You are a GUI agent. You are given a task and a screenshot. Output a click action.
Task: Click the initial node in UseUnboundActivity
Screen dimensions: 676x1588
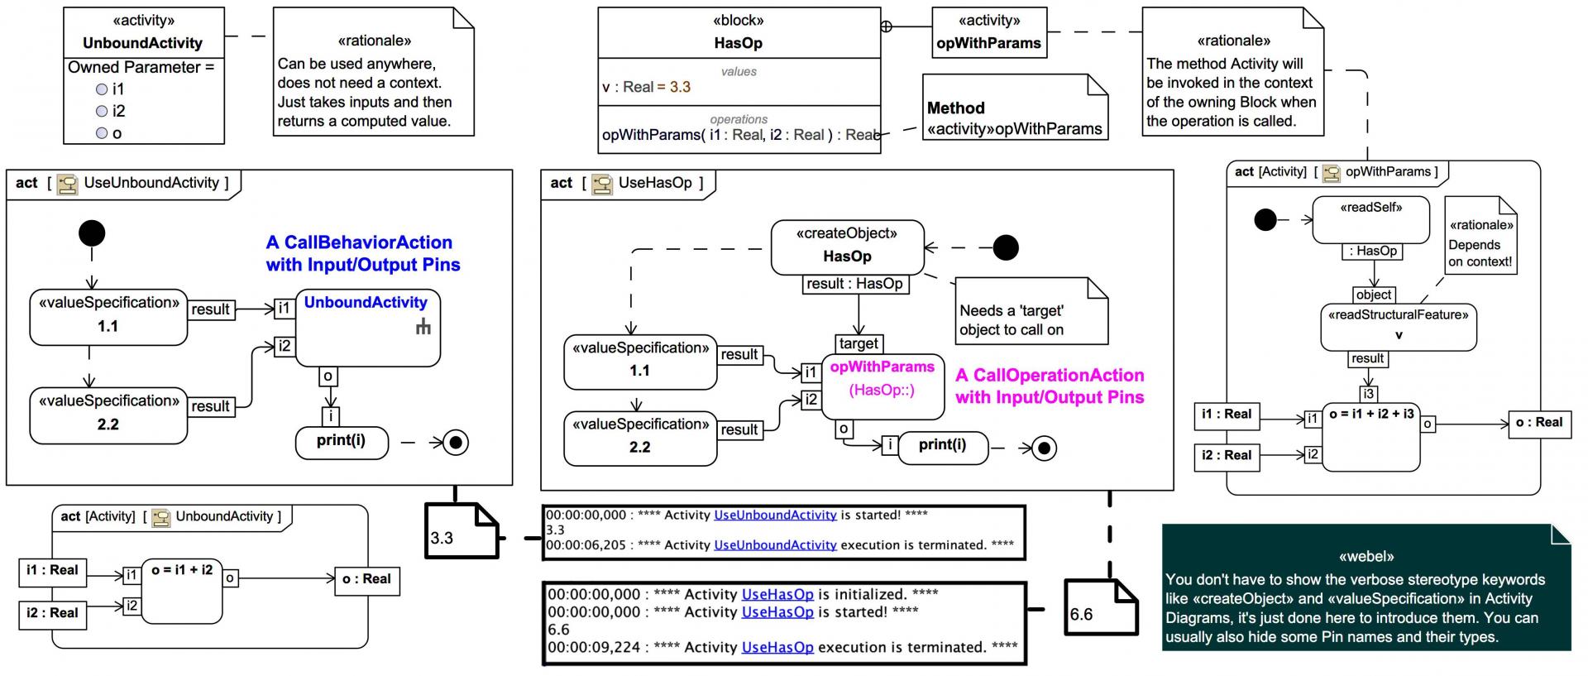(92, 233)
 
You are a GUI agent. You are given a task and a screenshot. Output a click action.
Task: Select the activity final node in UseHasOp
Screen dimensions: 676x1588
(1045, 448)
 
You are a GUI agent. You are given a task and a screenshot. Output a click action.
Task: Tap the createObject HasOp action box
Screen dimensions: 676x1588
(847, 247)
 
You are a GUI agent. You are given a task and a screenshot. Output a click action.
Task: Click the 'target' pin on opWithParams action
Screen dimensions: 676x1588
(859, 343)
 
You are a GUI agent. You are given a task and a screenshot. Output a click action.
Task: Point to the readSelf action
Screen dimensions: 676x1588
(1370, 218)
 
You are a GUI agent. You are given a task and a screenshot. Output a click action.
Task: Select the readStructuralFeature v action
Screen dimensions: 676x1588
(1398, 325)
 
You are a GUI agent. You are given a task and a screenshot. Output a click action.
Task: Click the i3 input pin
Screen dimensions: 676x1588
(1368, 394)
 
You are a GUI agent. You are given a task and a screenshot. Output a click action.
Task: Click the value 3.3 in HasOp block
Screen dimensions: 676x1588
(680, 87)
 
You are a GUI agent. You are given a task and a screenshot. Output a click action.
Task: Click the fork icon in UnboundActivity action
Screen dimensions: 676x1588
(423, 328)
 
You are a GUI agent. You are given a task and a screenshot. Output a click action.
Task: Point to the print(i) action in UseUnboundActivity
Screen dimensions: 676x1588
(342, 442)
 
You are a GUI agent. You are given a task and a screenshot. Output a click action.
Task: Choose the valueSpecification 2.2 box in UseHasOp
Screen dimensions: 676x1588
(639, 438)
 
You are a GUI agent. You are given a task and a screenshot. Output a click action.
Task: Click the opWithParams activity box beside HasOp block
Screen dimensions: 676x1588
(988, 33)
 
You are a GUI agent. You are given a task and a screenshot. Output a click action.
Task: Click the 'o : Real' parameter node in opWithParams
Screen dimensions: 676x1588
(1538, 423)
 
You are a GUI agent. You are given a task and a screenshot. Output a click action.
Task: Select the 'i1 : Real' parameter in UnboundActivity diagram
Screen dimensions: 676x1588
(52, 571)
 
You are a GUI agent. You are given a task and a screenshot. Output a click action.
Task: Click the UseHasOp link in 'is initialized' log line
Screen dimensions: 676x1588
(777, 594)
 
